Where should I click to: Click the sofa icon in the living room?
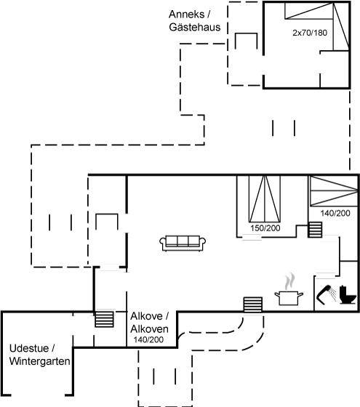coord(183,243)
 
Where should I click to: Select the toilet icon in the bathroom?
coord(348,294)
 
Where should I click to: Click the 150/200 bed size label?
coord(265,228)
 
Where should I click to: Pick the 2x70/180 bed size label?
coord(310,33)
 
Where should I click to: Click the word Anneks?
coord(186,15)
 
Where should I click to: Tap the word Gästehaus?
coord(195,27)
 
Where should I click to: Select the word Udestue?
coord(29,348)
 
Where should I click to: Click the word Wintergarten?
coord(40,361)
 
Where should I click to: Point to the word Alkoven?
coord(149,329)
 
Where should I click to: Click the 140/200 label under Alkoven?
coord(148,339)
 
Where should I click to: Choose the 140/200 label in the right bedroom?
coord(335,213)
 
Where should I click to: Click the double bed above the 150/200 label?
coord(265,199)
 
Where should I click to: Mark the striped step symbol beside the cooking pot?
coord(253,305)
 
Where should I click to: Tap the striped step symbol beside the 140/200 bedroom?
coord(315,230)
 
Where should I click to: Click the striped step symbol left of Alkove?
coord(104,319)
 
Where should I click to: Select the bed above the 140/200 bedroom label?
coord(334,191)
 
